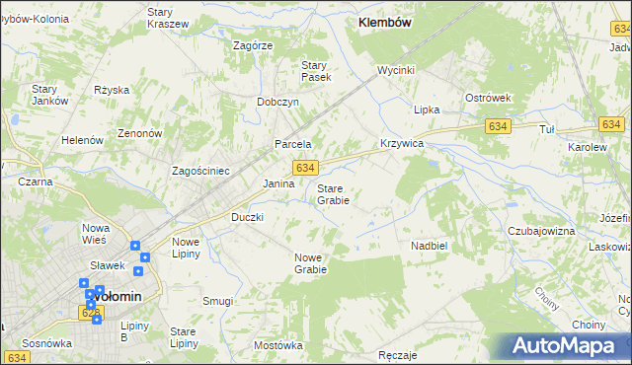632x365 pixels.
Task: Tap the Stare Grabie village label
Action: (x=333, y=193)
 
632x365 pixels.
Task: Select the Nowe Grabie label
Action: (x=309, y=262)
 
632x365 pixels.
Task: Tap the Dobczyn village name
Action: (x=277, y=102)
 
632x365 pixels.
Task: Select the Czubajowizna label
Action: (x=541, y=231)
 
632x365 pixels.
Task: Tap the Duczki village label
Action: (x=247, y=217)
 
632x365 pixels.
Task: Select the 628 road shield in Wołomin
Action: (x=91, y=312)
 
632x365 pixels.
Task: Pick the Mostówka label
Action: (x=277, y=345)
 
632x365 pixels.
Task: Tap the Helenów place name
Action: (x=83, y=140)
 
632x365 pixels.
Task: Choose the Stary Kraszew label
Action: (x=167, y=18)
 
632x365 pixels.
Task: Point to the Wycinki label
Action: (x=395, y=71)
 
